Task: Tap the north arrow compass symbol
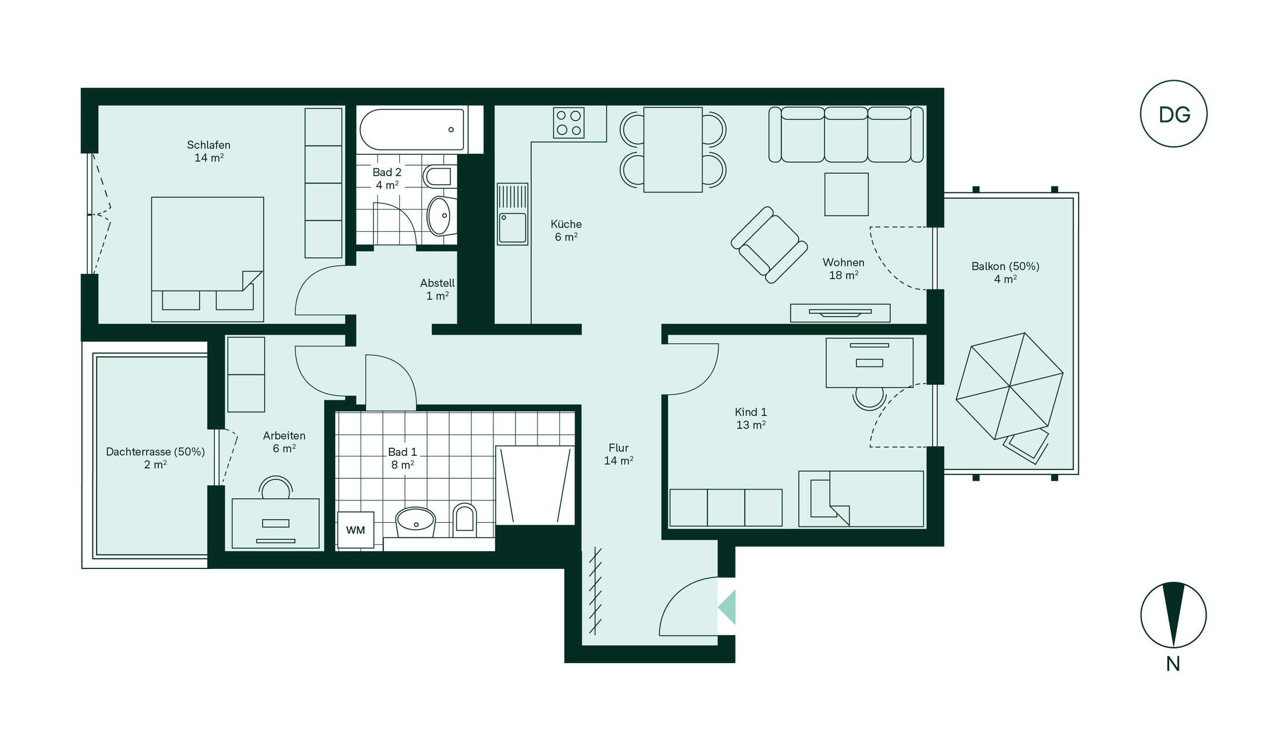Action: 1174,615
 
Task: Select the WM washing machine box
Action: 355,530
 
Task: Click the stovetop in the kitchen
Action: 569,123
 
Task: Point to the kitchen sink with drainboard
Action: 513,214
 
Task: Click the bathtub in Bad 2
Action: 412,129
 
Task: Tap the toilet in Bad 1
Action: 465,518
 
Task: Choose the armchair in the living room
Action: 769,245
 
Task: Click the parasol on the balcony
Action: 1009,386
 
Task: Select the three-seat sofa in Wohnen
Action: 846,135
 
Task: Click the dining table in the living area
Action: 673,150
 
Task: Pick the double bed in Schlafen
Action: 207,259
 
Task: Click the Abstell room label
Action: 437,289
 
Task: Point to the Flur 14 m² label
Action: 618,454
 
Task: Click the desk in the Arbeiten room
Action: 276,523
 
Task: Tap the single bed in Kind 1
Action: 861,499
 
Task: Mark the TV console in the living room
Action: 840,313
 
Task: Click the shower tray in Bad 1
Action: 535,485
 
